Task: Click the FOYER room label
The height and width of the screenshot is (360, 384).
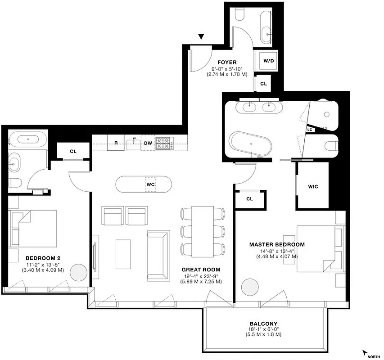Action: pos(227,62)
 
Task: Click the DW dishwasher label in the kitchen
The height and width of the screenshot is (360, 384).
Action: pos(148,143)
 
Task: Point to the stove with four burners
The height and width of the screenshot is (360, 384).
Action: pos(164,143)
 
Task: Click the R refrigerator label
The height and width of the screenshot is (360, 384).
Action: pos(116,143)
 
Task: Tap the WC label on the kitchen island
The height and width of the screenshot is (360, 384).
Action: pos(150,184)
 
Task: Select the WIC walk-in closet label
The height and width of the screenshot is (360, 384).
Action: pos(313,187)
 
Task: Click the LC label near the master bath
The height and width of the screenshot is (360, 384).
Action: pos(309,130)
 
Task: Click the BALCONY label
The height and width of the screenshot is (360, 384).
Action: pos(263,324)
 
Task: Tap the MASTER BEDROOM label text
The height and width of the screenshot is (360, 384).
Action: pos(277,244)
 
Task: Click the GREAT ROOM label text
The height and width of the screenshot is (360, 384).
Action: pos(202,270)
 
